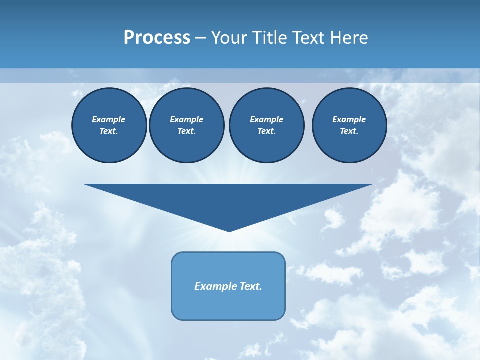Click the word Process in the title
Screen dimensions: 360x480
point(157,38)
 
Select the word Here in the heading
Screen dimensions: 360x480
point(349,38)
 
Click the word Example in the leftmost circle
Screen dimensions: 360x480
point(109,119)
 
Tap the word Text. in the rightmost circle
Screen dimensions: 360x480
point(349,131)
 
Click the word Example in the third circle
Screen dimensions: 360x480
point(266,119)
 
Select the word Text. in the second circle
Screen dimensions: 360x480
point(186,131)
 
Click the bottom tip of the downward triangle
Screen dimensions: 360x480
point(229,230)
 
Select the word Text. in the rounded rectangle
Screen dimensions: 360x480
point(250,286)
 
